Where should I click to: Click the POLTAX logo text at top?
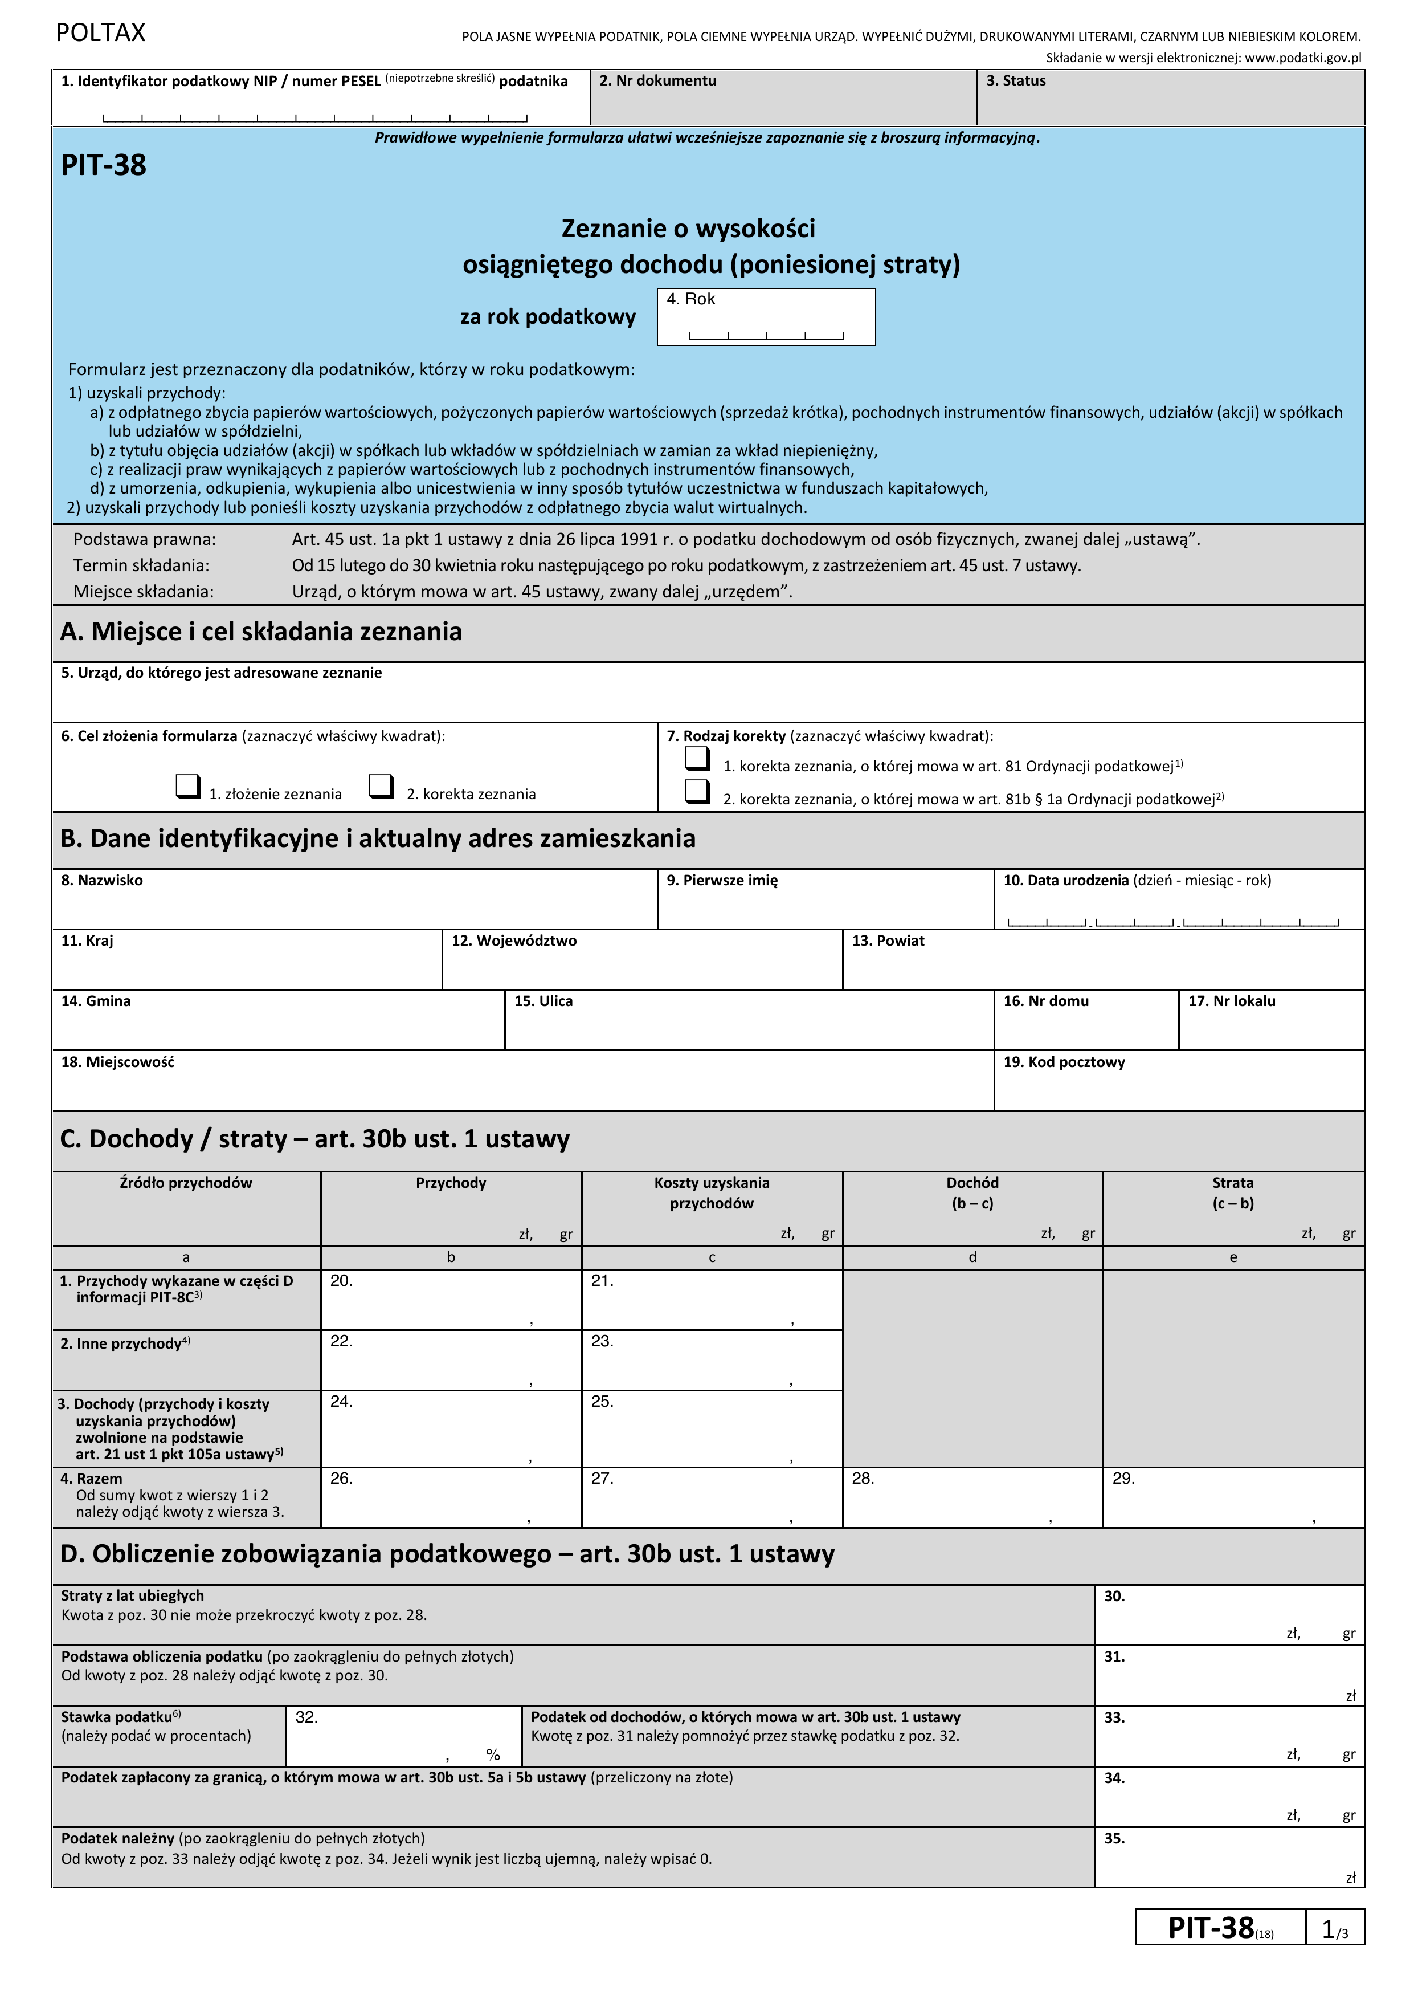coord(100,33)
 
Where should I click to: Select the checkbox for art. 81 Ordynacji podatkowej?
coord(697,759)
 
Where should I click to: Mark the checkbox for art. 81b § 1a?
coord(697,791)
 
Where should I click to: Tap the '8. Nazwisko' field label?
coord(102,881)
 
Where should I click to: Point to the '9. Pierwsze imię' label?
coord(722,881)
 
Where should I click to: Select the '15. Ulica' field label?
coord(543,1001)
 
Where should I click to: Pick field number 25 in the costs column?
coord(712,1428)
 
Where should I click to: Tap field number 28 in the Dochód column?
coord(972,1498)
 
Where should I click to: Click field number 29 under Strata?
coord(1232,1498)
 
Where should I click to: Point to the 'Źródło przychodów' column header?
coord(186,1183)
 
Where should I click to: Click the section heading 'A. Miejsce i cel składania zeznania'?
coord(261,632)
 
